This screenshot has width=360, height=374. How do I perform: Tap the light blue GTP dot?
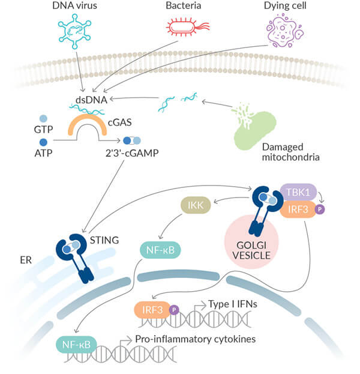click(43, 119)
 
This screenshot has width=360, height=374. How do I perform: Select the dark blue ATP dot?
click(43, 142)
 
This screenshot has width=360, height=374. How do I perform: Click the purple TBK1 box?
click(298, 193)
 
